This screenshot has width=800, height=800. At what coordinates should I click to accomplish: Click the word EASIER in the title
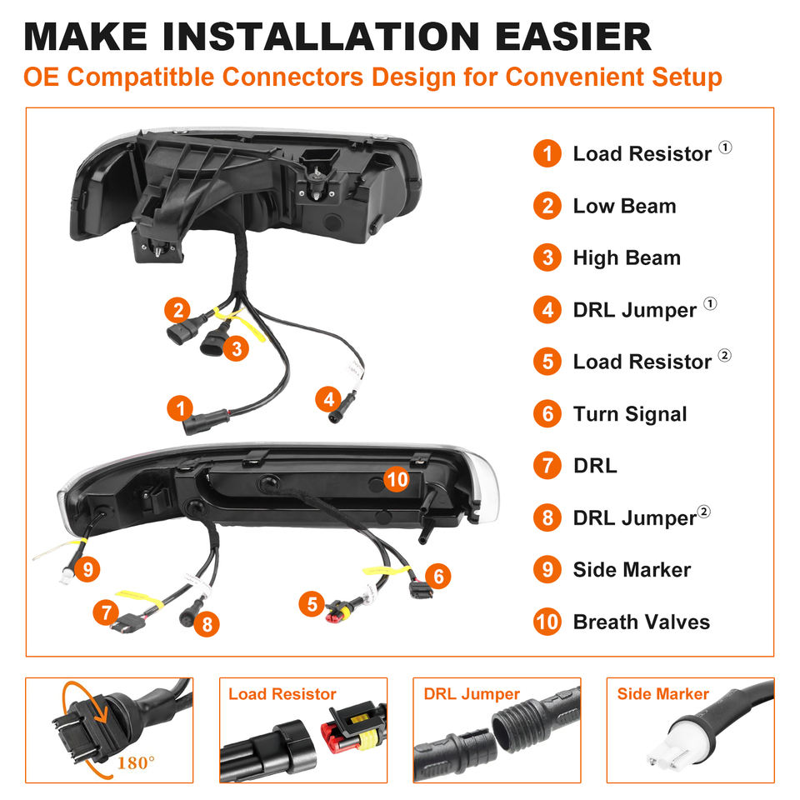pos(573,36)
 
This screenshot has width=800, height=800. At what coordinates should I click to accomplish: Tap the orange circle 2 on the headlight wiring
pos(177,310)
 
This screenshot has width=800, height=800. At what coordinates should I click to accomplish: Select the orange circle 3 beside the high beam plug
pos(236,349)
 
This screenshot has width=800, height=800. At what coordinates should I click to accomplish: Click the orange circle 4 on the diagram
pos(328,399)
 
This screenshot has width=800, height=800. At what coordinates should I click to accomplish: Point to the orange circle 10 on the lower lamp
pos(397,480)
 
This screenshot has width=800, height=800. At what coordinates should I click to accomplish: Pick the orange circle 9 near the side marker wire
pos(87,569)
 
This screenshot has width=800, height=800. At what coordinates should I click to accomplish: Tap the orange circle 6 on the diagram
pos(437,576)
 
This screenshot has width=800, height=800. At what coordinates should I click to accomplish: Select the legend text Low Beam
pos(624,206)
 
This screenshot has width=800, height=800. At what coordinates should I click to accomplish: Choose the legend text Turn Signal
pos(630,414)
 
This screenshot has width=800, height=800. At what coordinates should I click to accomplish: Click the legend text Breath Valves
pos(642,622)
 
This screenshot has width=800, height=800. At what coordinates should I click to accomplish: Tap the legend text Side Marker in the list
pos(632,569)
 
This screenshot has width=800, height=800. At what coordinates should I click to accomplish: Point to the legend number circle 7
pos(547,465)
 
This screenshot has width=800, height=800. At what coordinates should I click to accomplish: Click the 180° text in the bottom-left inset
pos(135,763)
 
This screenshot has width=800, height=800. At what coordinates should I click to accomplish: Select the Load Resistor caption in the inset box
pos(282,694)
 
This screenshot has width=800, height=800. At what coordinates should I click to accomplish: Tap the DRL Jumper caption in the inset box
pos(472,694)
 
